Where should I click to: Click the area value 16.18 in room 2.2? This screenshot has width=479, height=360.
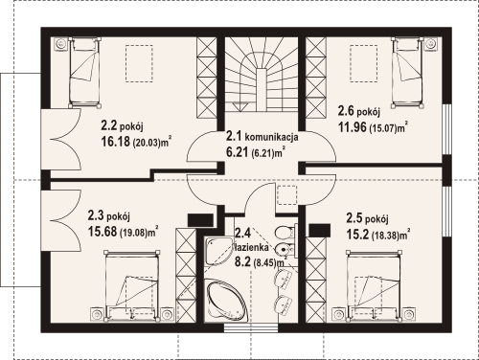coord(115,142)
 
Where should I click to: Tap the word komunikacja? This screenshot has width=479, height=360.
coord(272,137)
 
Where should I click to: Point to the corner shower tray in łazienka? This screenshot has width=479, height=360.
coord(219,251)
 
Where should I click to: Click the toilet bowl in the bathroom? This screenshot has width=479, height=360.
coord(284,234)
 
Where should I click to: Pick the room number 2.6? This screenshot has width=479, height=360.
coord(346,111)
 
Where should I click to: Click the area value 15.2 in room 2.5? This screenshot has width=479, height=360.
coord(357,235)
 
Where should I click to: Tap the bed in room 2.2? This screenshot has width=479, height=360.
coord(84,72)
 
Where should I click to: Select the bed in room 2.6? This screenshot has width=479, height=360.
coord(407,72)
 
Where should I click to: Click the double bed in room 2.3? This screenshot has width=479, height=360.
coord(131,285)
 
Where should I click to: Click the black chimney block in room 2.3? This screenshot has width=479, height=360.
coord(200,220)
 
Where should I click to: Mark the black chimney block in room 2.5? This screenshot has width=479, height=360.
coord(320,230)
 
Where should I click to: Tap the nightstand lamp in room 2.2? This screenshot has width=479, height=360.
coord(60,44)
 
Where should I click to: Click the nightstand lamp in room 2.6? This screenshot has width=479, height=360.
coord(432,44)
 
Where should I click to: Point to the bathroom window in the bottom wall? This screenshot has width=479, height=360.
coord(251,327)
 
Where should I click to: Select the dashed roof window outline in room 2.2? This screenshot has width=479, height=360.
coord(139,64)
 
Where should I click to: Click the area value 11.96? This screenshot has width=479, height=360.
coord(353,127)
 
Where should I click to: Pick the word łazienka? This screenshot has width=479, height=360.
coord(251,247)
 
